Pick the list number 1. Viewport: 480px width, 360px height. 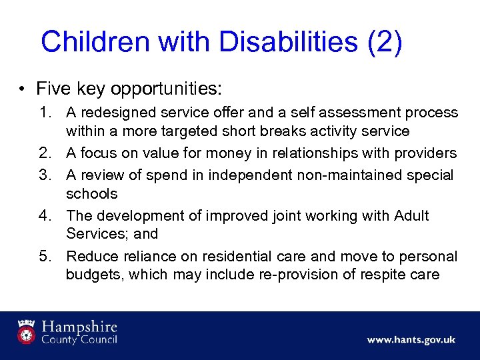point(48,113)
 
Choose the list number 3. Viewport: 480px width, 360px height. point(48,175)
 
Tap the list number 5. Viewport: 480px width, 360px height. point(48,257)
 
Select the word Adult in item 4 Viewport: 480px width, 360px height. point(411,216)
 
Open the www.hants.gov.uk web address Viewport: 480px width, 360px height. point(411,340)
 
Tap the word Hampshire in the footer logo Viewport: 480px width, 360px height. point(79,327)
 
